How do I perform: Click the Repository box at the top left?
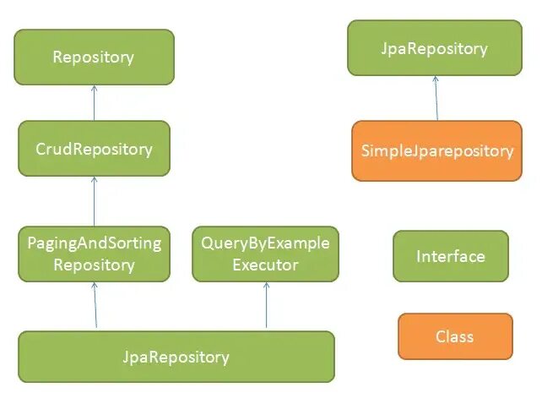pos(93,57)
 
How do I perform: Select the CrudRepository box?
pos(94,149)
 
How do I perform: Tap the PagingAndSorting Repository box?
pos(94,254)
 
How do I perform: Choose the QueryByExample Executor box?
pos(265,254)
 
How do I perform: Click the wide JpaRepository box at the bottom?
pos(176,356)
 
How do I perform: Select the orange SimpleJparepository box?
pos(436,150)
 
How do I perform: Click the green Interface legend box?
pos(450,256)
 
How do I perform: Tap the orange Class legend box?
pos(454,336)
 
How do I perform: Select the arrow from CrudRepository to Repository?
pos(94,102)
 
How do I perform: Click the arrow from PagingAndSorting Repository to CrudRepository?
pos(94,201)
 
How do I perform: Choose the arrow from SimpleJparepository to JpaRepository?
pos(436,98)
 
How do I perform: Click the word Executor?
pos(265,265)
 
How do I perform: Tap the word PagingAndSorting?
pos(94,243)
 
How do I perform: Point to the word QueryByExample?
pos(265,243)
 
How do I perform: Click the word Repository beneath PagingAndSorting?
pos(94,265)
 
